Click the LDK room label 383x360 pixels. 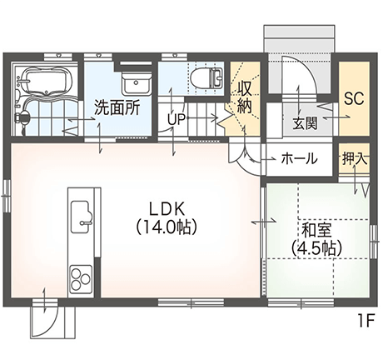pyautogui.click(x=167, y=209)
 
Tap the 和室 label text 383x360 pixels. pyautogui.click(x=316, y=230)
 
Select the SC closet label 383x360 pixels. pyautogui.click(x=354, y=97)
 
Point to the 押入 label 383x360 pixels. pyautogui.click(x=354, y=159)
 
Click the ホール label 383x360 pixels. pyautogui.click(x=299, y=158)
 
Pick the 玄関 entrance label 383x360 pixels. pyautogui.click(x=305, y=123)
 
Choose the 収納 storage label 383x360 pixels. pyautogui.click(x=244, y=97)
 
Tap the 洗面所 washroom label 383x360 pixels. pyautogui.click(x=117, y=107)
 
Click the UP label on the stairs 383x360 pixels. pyautogui.click(x=177, y=119)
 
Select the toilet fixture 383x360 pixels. pyautogui.click(x=206, y=77)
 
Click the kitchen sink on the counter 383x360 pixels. pyautogui.click(x=81, y=217)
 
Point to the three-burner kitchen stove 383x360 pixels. pyautogui.click(x=81, y=278)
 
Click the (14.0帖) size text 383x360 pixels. pyautogui.click(x=167, y=227)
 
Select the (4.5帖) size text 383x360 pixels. pyautogui.click(x=316, y=248)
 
